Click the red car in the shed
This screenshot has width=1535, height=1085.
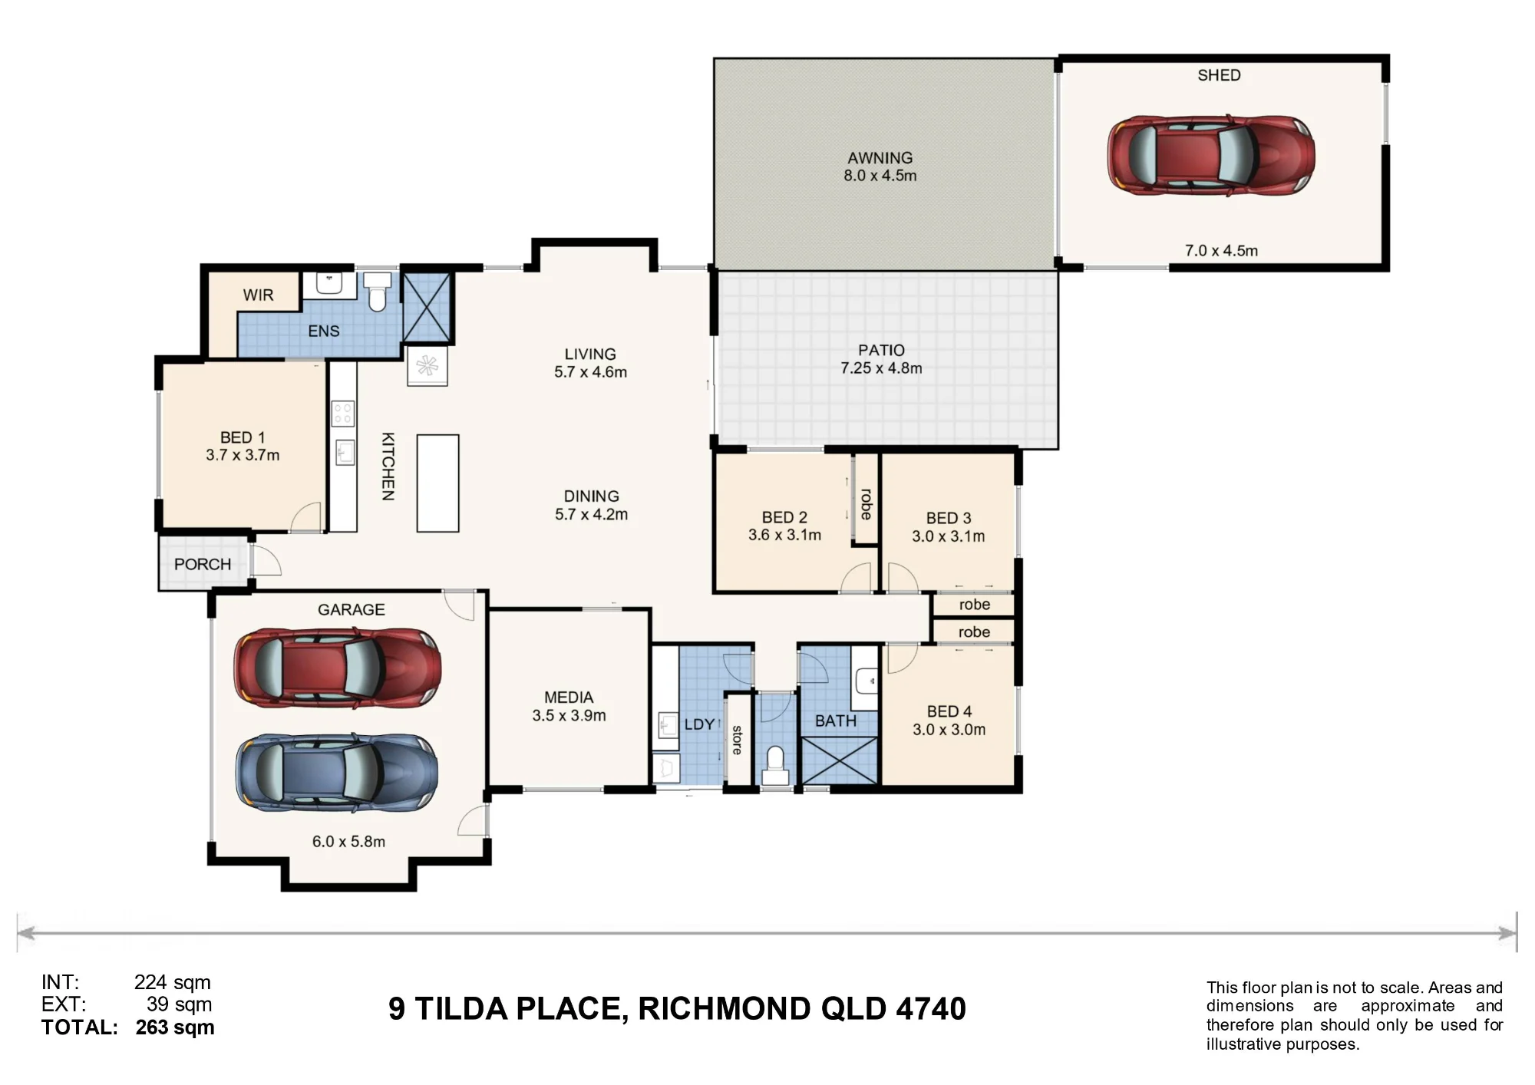pyautogui.click(x=1211, y=156)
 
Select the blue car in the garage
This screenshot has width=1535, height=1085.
pyautogui.click(x=337, y=773)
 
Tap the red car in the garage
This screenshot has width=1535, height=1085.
pyautogui.click(x=338, y=668)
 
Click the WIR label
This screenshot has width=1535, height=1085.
pyautogui.click(x=258, y=295)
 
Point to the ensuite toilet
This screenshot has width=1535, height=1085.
pyautogui.click(x=377, y=292)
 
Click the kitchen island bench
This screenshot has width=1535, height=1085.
pyautogui.click(x=437, y=483)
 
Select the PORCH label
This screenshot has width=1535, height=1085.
pyautogui.click(x=203, y=565)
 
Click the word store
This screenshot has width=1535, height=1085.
pyautogui.click(x=737, y=740)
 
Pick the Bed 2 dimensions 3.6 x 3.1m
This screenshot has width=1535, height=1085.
pyautogui.click(x=784, y=535)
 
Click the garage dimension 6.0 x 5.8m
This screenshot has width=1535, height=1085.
pyautogui.click(x=348, y=842)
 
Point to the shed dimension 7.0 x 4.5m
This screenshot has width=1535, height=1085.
pyautogui.click(x=1221, y=251)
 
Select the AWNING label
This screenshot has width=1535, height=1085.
pyautogui.click(x=880, y=158)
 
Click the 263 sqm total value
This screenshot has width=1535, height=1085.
pyautogui.click(x=175, y=1027)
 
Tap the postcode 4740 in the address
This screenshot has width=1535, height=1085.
pyautogui.click(x=931, y=1009)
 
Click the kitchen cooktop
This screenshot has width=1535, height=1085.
pyautogui.click(x=342, y=414)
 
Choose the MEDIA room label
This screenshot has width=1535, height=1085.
pyautogui.click(x=569, y=697)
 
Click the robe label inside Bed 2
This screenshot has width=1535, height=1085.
pyautogui.click(x=866, y=504)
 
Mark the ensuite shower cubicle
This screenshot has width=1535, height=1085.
pyautogui.click(x=427, y=307)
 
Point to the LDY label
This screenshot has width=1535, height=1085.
pyautogui.click(x=699, y=724)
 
